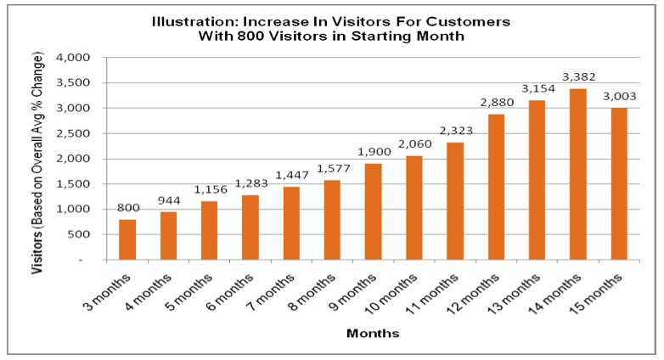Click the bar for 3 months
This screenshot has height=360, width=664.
[x=127, y=239]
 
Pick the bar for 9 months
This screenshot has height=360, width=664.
[x=373, y=211]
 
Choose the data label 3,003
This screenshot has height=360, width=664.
[x=619, y=98]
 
